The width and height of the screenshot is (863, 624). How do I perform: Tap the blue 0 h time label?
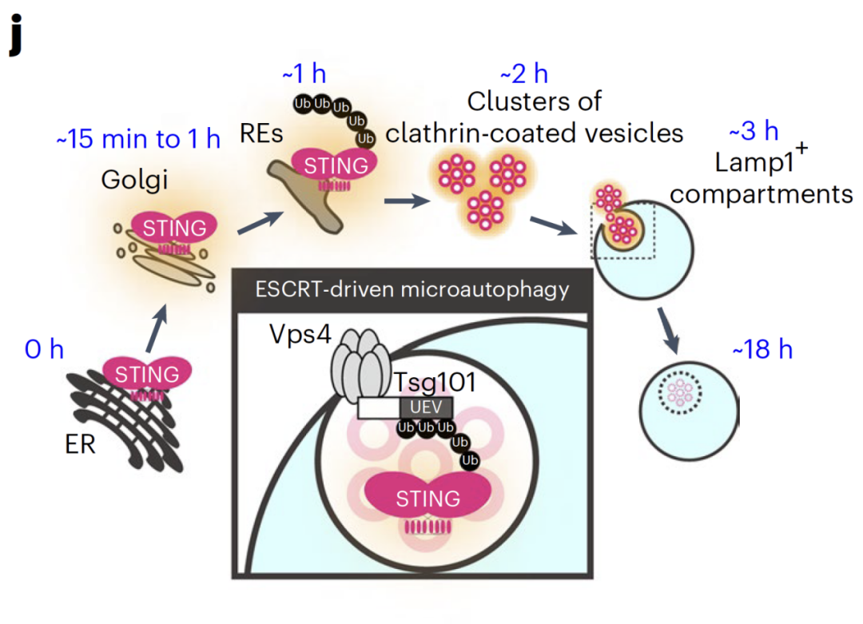point(45,349)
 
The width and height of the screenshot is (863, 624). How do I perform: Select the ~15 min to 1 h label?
point(137,139)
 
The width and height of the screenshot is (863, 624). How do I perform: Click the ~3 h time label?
point(754,130)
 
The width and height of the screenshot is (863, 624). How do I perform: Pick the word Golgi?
point(134,180)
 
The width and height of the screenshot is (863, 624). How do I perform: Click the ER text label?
point(81,443)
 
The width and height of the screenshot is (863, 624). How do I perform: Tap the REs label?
point(261,133)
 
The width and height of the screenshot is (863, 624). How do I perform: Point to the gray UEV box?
point(426,407)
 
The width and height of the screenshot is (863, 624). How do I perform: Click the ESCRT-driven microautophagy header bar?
point(412,288)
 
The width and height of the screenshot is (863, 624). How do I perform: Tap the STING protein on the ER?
point(147,373)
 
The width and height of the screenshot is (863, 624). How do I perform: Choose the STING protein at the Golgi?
point(174,228)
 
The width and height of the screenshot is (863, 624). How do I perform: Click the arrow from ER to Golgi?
point(160,324)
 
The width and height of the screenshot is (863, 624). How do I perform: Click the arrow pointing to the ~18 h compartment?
point(669,330)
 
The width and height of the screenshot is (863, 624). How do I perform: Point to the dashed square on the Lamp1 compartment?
point(622,232)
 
